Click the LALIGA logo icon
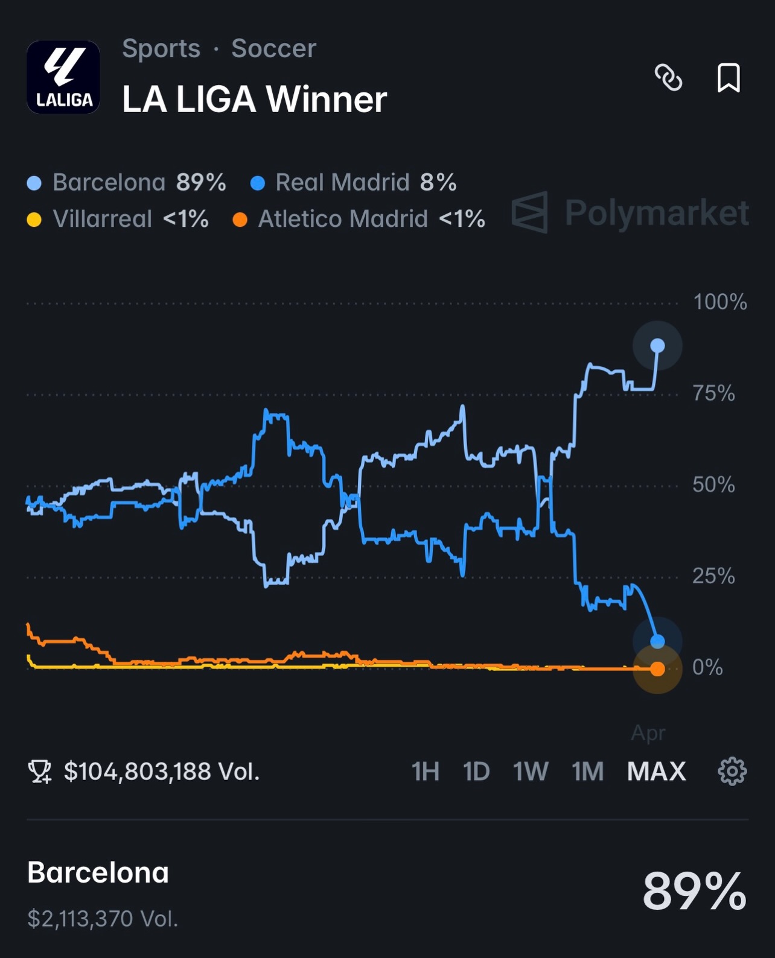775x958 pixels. coord(63,77)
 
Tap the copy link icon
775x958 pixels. coord(668,78)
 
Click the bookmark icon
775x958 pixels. coord(728,78)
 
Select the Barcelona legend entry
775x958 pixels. coord(127,182)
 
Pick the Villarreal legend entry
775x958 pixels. coord(118,219)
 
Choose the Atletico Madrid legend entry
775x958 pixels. coord(359,219)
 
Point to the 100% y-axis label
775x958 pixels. coord(719,302)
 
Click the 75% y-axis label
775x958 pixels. coord(713,394)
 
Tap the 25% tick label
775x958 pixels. coord(713,577)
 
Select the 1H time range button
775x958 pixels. coord(425,772)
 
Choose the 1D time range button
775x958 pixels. coord(476,772)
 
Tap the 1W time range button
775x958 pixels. coord(531,772)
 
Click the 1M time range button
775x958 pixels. coord(587,772)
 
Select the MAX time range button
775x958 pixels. coord(656,772)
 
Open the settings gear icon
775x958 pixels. coord(732,772)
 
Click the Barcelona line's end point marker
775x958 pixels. coord(657,346)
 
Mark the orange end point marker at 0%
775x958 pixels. coord(657,668)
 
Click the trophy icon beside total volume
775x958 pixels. coord(40,772)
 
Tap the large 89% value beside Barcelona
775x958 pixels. coord(694,891)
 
